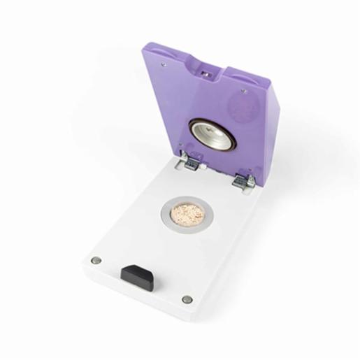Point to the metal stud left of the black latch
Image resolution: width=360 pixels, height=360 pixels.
pos(96,260)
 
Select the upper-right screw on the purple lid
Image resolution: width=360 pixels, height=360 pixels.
pos(247,89)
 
